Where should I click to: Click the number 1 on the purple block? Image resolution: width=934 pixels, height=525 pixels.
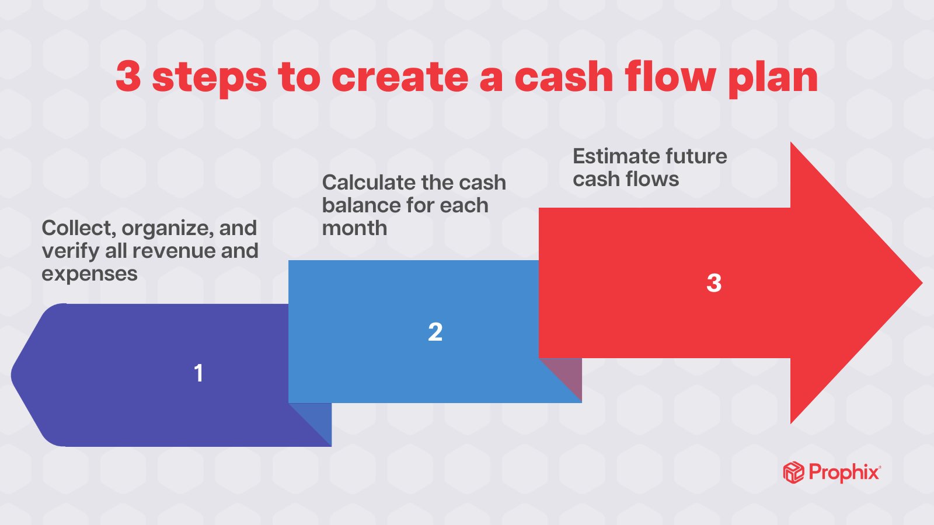(x=198, y=373)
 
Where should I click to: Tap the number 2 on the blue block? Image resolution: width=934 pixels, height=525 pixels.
(x=435, y=332)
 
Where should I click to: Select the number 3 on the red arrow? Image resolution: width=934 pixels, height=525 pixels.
(x=714, y=283)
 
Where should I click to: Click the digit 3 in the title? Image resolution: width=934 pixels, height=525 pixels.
(x=128, y=77)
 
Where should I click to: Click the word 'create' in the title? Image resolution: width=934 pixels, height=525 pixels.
(x=400, y=77)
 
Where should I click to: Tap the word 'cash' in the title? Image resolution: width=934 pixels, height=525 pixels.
(x=563, y=77)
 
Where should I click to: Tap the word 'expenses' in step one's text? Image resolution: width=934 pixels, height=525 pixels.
(x=89, y=274)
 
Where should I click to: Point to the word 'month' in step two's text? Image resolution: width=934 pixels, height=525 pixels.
(x=354, y=228)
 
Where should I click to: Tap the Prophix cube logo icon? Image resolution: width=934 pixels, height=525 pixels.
(x=793, y=473)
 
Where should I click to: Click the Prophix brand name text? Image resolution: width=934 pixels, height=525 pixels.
(x=844, y=472)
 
